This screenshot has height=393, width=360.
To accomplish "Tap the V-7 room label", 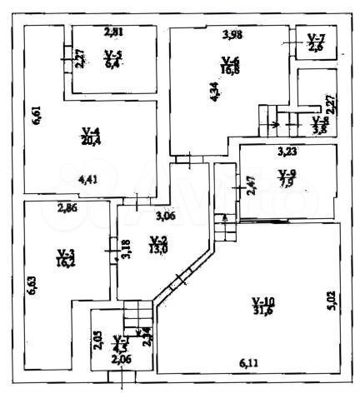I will pyautogui.click(x=317, y=38).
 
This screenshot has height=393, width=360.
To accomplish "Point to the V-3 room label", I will pyautogui.click(x=66, y=252).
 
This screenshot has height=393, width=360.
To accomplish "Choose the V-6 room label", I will pyautogui.click(x=231, y=60).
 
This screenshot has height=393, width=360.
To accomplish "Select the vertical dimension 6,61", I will pyautogui.click(x=35, y=114).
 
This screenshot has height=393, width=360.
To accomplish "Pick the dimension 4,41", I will pyautogui.click(x=87, y=177).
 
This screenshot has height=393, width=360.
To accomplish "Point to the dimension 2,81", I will pyautogui.click(x=113, y=32).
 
